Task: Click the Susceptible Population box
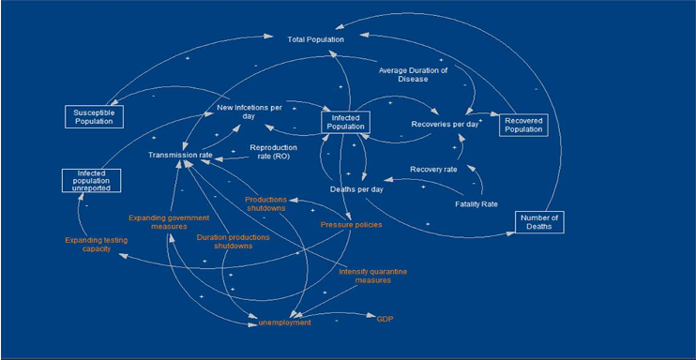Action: [x=94, y=117]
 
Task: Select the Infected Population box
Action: [x=345, y=122]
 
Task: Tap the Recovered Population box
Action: [x=523, y=125]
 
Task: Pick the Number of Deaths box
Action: [x=539, y=222]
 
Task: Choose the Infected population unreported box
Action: [x=91, y=180]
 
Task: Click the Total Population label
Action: [x=315, y=39]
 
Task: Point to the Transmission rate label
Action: [x=180, y=155]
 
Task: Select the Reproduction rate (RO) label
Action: [x=274, y=151]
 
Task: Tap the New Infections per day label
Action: [x=250, y=112]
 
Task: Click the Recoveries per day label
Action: [x=445, y=125]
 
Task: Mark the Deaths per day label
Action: [x=356, y=189]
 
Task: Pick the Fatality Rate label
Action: [x=477, y=204]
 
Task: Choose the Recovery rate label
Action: [x=433, y=169]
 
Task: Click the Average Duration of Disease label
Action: [x=413, y=75]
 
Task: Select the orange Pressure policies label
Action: [x=351, y=225]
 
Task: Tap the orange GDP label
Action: [x=385, y=319]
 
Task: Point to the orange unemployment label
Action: [x=284, y=322]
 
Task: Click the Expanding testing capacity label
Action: [x=97, y=245]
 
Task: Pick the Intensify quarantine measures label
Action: [x=373, y=276]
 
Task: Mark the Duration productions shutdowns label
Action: [x=233, y=241]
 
